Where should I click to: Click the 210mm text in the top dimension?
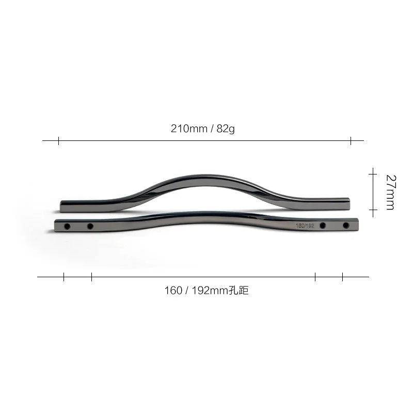click(x=189, y=129)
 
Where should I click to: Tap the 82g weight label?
click(x=226, y=129)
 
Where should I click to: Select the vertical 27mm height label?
click(x=390, y=192)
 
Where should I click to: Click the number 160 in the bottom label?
click(x=173, y=291)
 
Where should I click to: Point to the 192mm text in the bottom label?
click(x=210, y=291)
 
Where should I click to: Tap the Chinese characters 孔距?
click(x=239, y=290)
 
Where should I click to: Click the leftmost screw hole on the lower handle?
click(x=67, y=226)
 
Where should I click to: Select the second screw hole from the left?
click(x=90, y=226)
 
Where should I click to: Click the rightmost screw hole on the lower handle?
click(x=346, y=226)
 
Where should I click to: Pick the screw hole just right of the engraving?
click(x=323, y=226)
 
